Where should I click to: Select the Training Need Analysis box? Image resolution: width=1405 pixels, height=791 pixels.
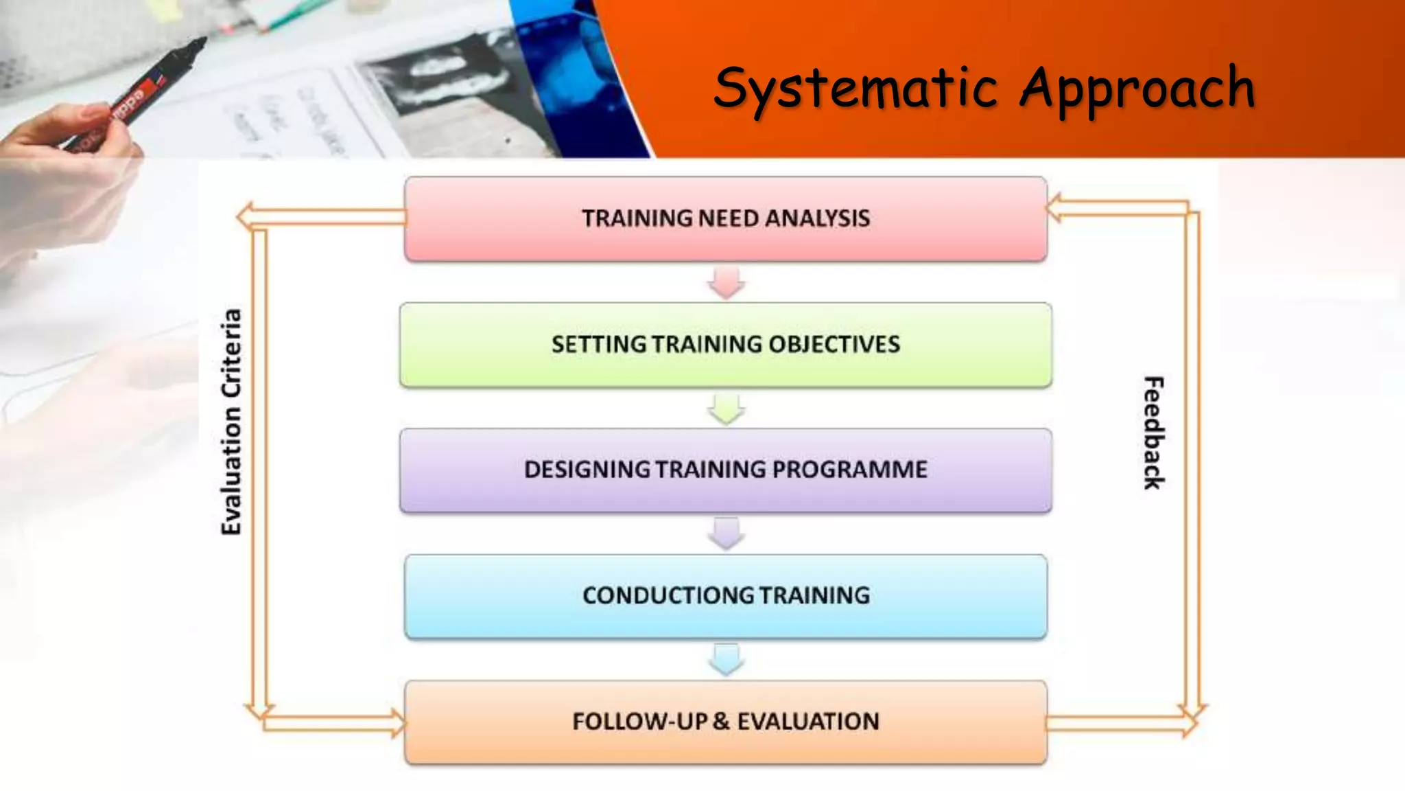point(726,218)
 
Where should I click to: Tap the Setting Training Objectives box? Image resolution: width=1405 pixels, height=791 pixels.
point(726,345)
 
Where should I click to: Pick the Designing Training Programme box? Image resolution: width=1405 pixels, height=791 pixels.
point(726,470)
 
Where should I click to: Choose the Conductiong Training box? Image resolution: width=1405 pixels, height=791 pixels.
point(726,596)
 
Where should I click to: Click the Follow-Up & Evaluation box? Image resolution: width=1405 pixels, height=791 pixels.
point(726,722)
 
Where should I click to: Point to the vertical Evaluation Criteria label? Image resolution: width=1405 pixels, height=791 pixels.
point(232,422)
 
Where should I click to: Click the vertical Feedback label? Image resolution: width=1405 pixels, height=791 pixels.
point(1153,433)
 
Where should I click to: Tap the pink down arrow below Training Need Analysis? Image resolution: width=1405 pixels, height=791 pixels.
point(727,282)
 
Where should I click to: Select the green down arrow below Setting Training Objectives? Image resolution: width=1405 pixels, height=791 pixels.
point(727,409)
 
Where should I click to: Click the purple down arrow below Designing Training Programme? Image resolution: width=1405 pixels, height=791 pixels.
point(727,534)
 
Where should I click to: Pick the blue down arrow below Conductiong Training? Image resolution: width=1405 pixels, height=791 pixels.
point(727,660)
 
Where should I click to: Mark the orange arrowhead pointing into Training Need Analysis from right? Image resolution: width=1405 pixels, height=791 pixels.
point(1054,208)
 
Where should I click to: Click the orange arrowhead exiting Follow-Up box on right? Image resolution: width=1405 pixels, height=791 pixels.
point(1190,723)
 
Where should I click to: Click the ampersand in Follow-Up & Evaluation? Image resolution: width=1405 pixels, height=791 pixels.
point(720,722)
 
